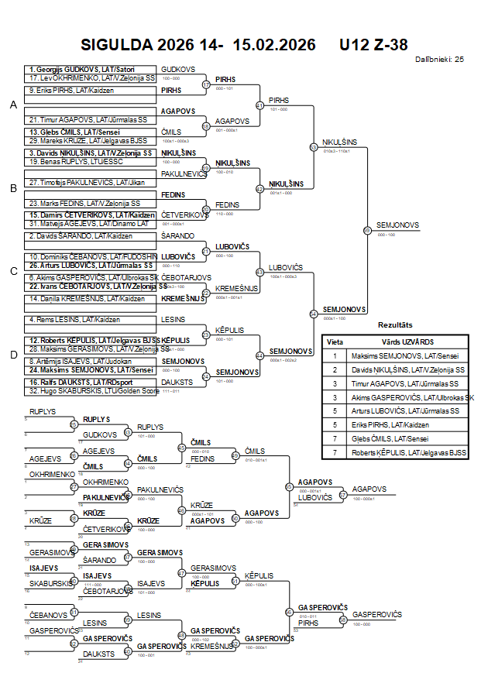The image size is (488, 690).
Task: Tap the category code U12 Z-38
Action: (x=373, y=46)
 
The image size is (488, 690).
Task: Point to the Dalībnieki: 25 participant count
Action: (x=439, y=59)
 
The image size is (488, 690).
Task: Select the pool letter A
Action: (x=13, y=105)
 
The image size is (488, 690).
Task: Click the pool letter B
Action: (x=13, y=188)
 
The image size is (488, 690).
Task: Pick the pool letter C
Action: (x=13, y=271)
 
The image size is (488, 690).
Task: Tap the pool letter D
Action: (x=13, y=355)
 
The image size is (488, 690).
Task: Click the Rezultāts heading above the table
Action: (x=395, y=325)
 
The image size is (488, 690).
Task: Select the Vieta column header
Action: (x=335, y=342)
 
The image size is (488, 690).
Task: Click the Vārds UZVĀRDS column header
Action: (x=408, y=342)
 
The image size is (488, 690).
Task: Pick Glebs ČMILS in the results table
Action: (x=398, y=439)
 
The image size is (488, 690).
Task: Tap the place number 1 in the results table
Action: (x=335, y=355)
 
